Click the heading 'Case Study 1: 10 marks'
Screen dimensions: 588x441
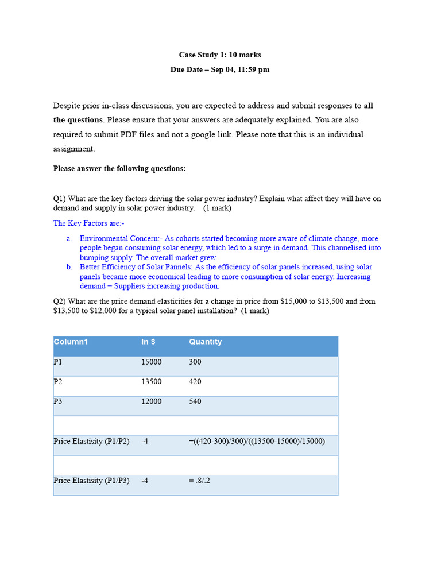point(220,55)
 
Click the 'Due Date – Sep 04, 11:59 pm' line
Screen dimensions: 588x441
point(220,69)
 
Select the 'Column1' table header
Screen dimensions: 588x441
point(71,342)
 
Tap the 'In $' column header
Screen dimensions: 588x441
point(148,342)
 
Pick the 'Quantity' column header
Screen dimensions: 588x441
point(205,342)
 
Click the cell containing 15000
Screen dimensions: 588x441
point(152,362)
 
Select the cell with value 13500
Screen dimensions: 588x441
point(152,382)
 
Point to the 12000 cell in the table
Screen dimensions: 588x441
point(152,401)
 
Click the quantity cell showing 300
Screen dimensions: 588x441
point(195,362)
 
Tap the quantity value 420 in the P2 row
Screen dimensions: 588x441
point(195,382)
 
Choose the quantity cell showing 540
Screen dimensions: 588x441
point(195,401)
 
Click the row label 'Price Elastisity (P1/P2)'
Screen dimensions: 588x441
point(91,441)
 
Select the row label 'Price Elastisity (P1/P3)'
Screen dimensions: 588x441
point(91,481)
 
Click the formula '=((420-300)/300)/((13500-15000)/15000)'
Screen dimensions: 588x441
point(257,441)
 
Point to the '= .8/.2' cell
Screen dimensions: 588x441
point(199,481)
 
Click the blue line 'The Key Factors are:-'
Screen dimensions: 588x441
point(89,223)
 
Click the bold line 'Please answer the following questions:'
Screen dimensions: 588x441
point(119,169)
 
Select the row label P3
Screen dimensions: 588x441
point(58,401)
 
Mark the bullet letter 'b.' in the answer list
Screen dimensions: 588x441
point(69,267)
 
